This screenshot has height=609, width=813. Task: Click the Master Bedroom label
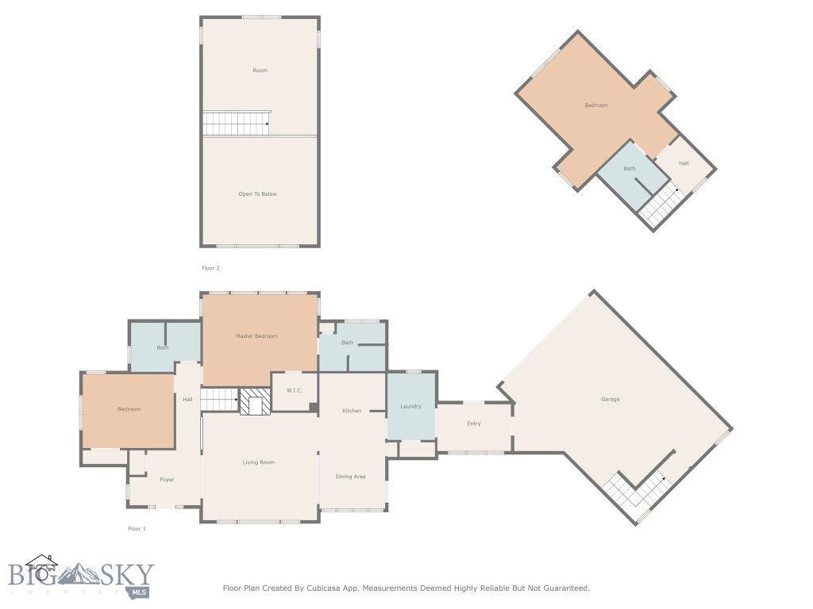click(x=256, y=336)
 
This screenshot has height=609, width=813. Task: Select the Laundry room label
click(x=410, y=407)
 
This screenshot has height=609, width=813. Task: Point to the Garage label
click(x=610, y=399)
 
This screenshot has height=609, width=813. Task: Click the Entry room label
click(x=474, y=423)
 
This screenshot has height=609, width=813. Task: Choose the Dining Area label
click(x=350, y=477)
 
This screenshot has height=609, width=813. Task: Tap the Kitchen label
click(x=352, y=411)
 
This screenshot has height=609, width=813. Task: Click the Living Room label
click(x=259, y=462)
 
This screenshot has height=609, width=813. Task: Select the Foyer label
click(x=167, y=480)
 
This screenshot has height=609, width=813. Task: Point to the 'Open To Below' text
click(x=258, y=194)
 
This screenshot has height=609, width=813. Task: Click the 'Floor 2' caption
click(x=210, y=268)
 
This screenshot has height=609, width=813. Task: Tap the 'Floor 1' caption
click(x=137, y=528)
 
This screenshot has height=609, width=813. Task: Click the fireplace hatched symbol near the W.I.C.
click(x=256, y=401)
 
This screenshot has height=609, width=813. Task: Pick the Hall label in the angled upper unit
click(x=684, y=164)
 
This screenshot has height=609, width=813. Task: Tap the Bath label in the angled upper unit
click(x=630, y=168)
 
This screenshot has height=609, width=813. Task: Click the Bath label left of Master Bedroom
click(x=163, y=347)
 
